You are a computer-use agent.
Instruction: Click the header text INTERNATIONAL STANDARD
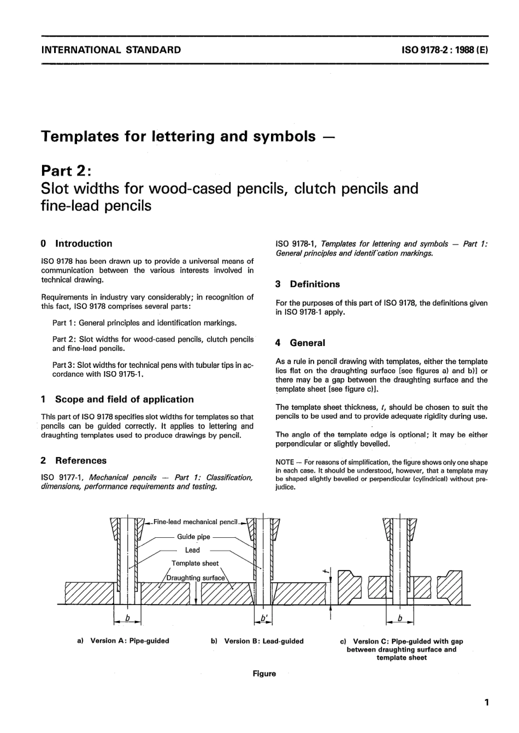[x=111, y=50]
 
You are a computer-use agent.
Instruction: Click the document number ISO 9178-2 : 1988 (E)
[x=445, y=50]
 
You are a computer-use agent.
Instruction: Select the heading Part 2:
[x=68, y=171]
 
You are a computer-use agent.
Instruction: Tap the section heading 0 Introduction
[x=76, y=244]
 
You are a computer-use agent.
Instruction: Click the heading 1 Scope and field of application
[x=117, y=400]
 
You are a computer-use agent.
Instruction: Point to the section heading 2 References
[x=74, y=461]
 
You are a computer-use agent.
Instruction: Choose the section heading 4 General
[x=300, y=343]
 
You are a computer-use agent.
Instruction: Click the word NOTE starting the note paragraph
[x=285, y=462]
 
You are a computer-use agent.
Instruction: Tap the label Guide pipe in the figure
[x=193, y=537]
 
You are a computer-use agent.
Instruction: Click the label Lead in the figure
[x=192, y=550]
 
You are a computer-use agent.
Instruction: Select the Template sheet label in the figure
[x=195, y=563]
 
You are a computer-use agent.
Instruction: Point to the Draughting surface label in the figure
[x=196, y=578]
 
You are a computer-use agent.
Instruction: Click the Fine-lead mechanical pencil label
[x=196, y=522]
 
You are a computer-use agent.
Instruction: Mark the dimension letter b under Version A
[x=127, y=618]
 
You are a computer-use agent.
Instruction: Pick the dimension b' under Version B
[x=264, y=618]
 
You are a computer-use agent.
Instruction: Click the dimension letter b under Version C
[x=400, y=618]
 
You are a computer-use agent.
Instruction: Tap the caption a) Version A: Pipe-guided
[x=123, y=641]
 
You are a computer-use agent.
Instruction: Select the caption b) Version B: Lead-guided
[x=257, y=641]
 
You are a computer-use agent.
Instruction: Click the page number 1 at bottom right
[x=486, y=702]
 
